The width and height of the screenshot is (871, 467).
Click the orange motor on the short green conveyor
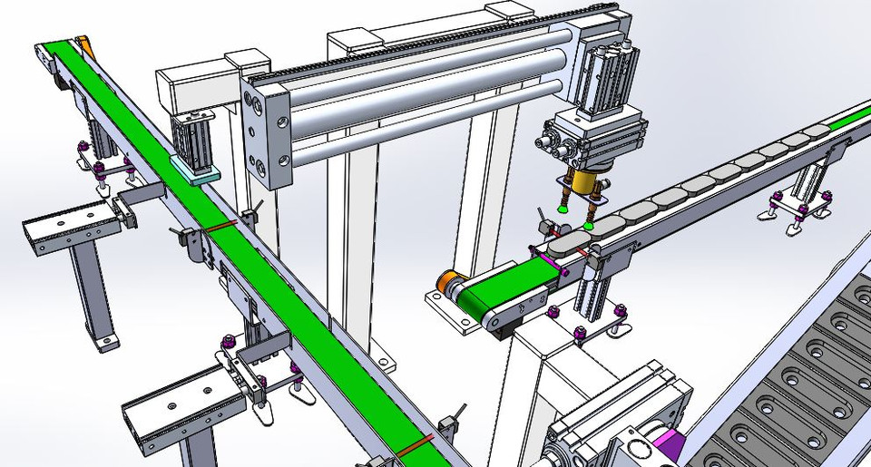click(x=448, y=282)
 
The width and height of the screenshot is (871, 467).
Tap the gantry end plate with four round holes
click(x=266, y=136)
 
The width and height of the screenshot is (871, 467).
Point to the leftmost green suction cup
click(x=563, y=208)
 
